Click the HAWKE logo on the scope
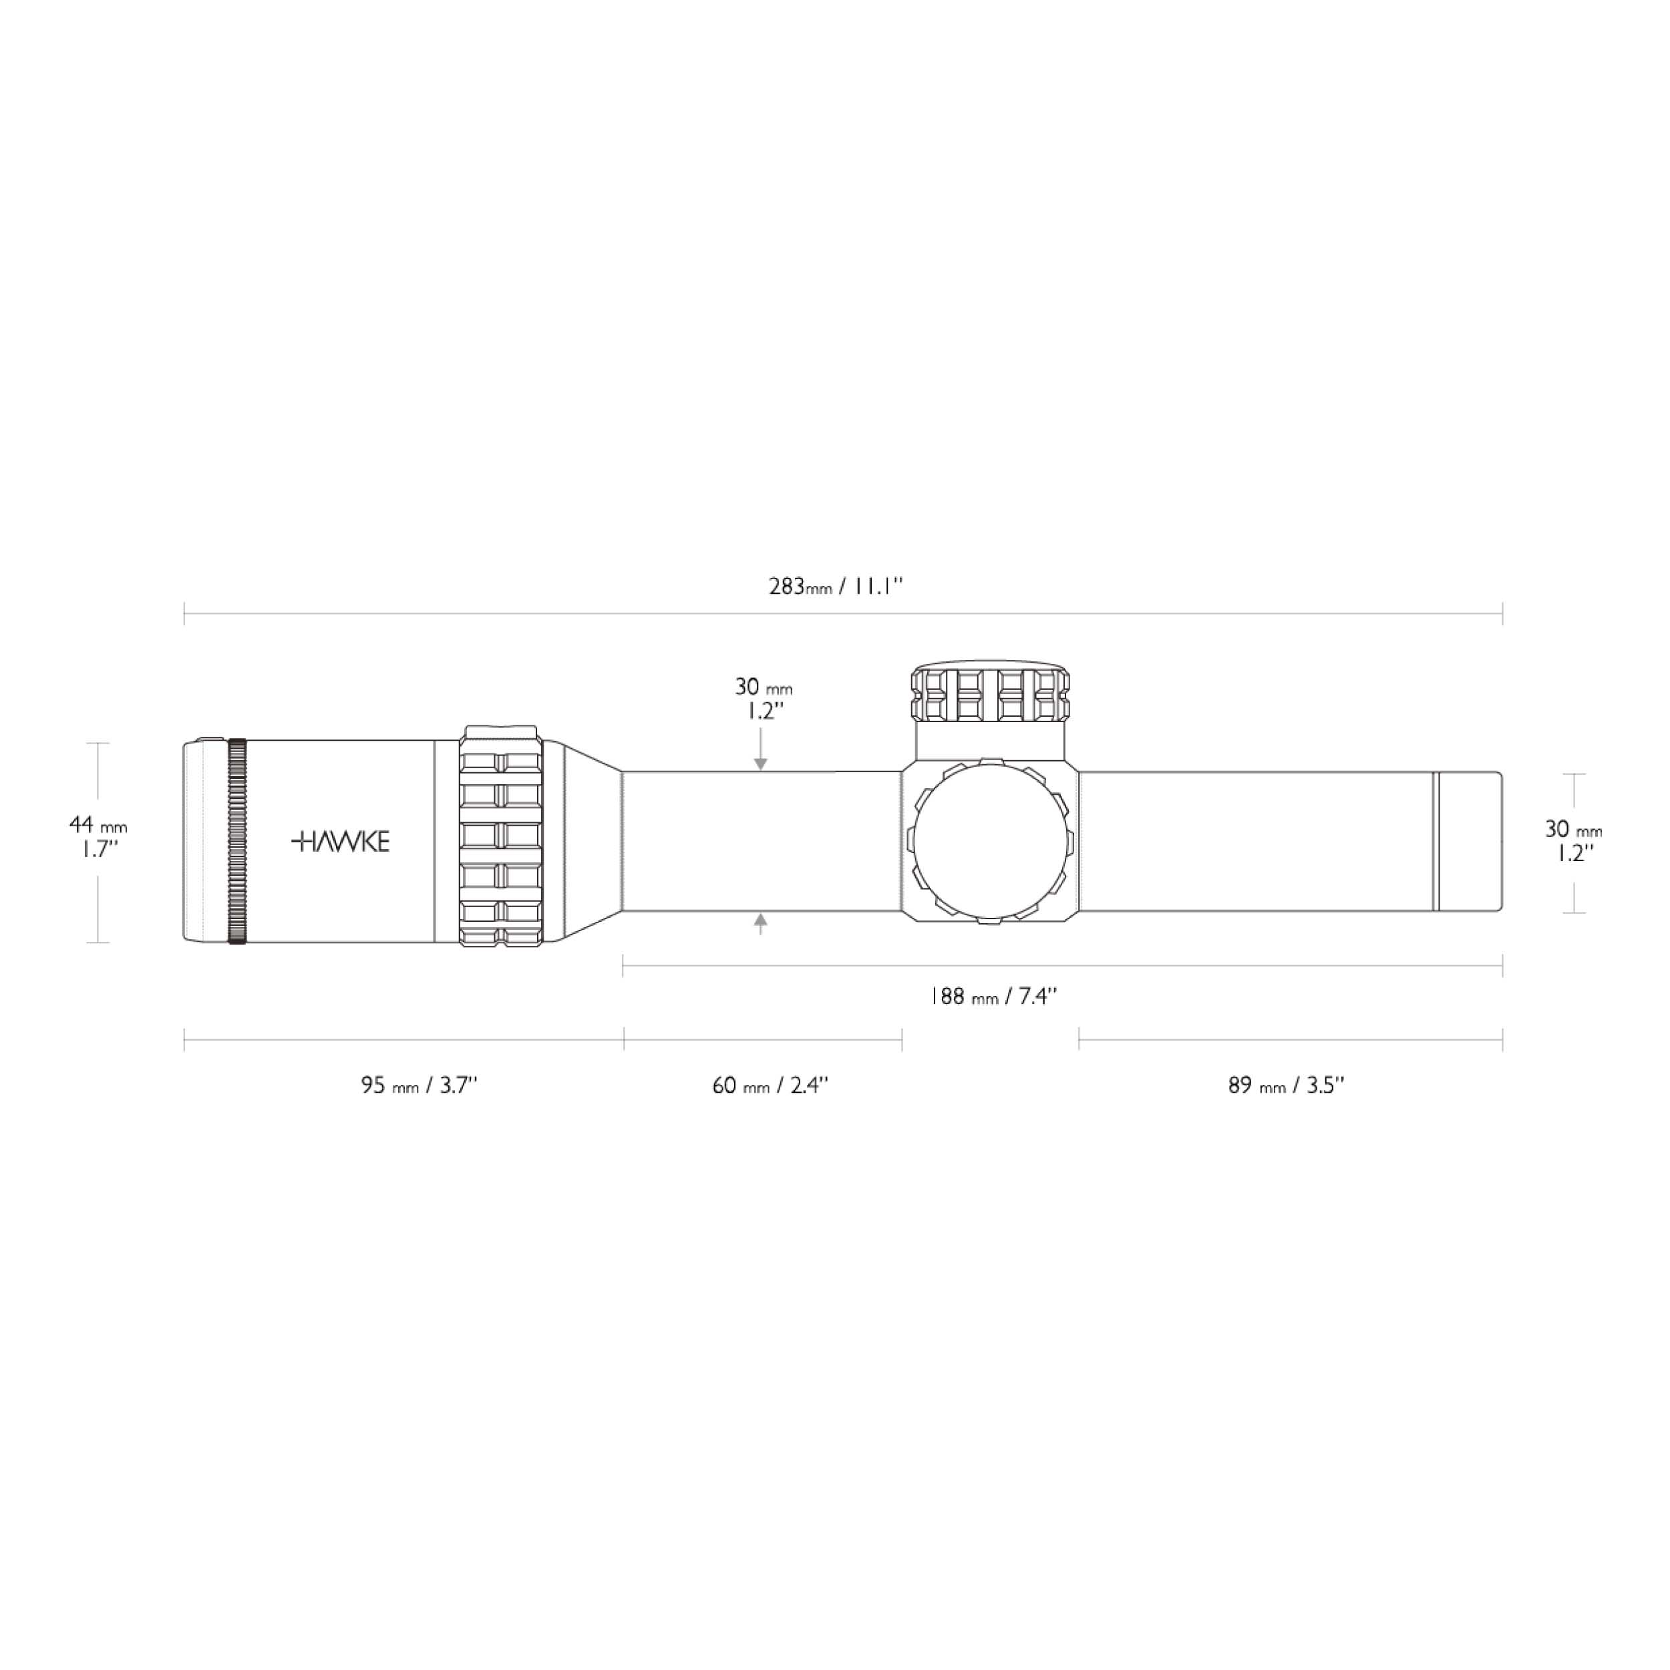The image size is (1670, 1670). [x=341, y=841]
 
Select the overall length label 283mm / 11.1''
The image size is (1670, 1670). [x=836, y=587]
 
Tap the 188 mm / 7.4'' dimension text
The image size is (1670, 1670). [x=993, y=997]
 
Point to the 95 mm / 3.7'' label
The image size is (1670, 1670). [x=420, y=1085]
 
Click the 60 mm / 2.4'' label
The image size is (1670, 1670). [x=770, y=1085]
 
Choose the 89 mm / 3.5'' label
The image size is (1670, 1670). [x=1286, y=1085]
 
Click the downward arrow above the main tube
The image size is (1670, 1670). [x=761, y=749]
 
